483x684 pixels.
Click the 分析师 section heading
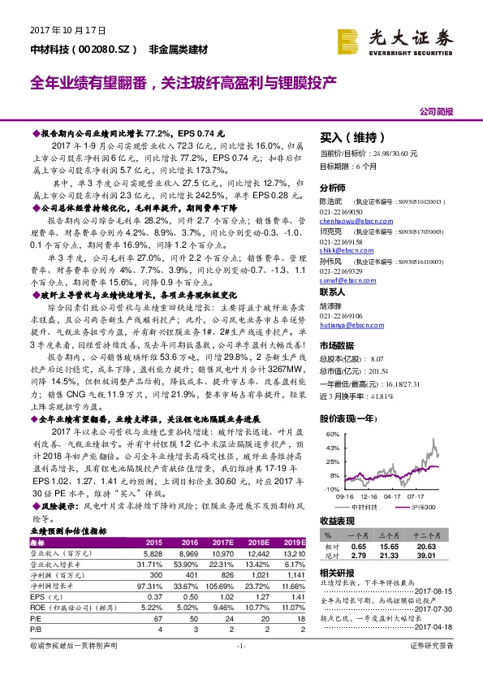coord(333,187)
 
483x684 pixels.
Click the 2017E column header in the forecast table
coord(222,542)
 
